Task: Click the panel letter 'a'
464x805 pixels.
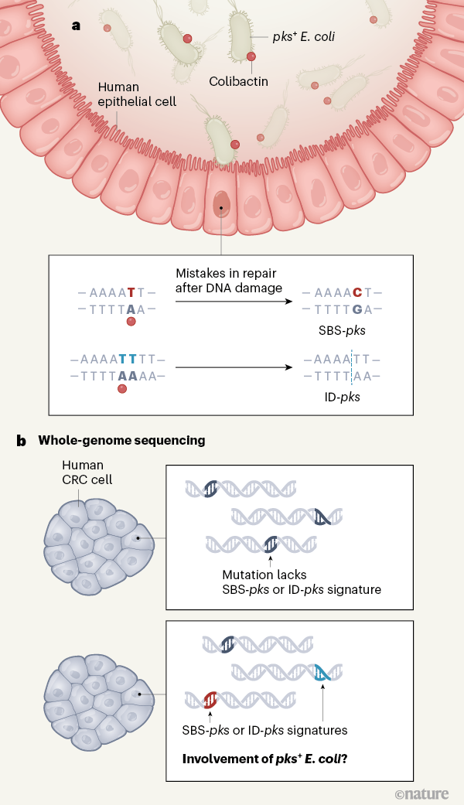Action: click(76, 25)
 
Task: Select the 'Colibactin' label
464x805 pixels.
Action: click(239, 80)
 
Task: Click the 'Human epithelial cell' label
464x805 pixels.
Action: click(137, 94)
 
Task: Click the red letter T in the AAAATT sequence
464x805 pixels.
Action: click(131, 292)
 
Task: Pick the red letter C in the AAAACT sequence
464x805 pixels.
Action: click(357, 292)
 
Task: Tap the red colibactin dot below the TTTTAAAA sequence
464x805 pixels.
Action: click(121, 389)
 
